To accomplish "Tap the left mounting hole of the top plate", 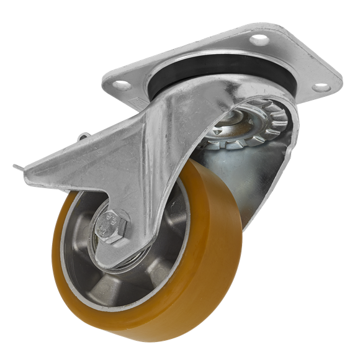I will (122, 86).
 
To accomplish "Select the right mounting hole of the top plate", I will (321, 88).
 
